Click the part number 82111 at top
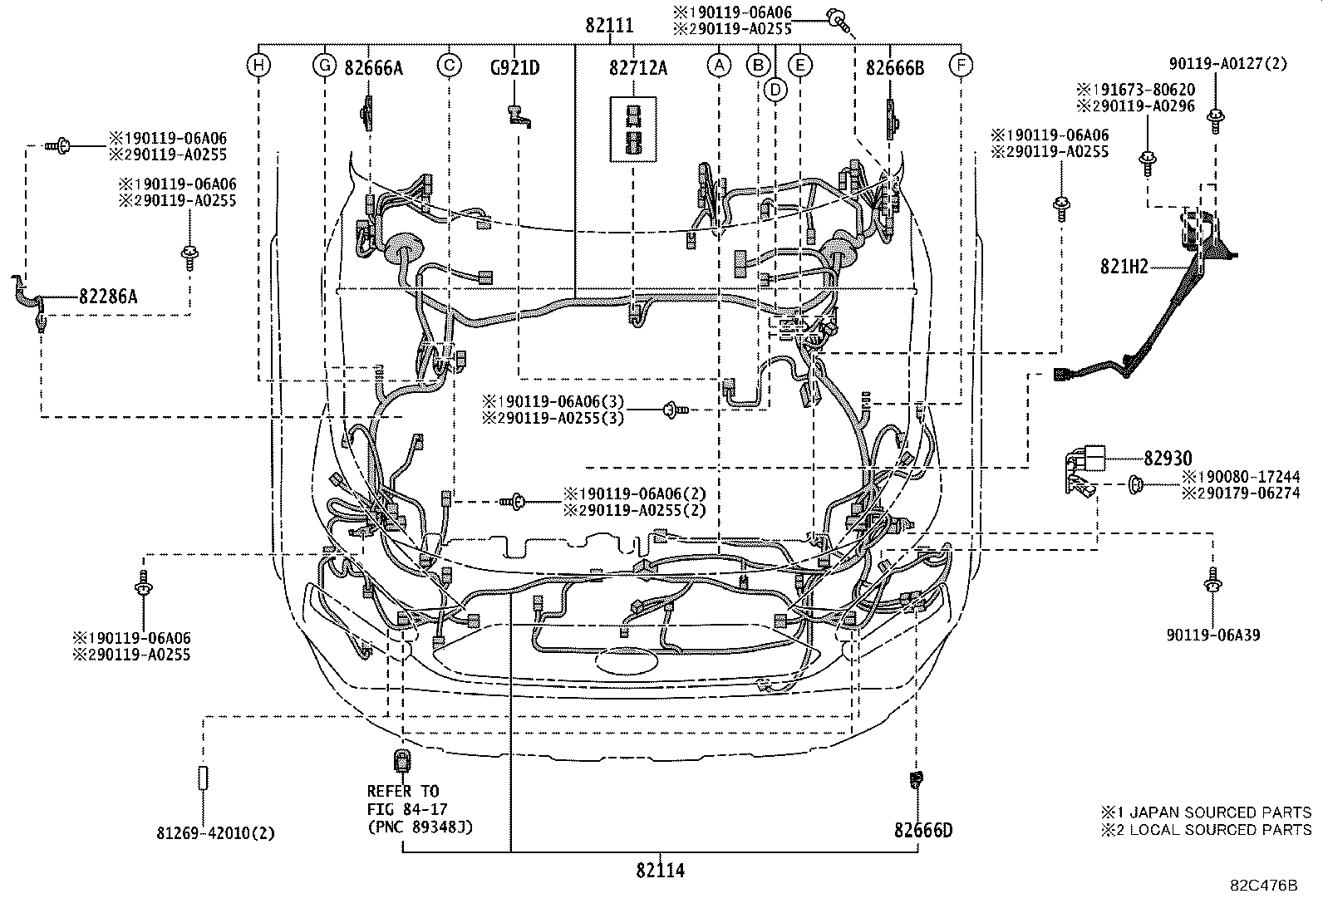(x=608, y=26)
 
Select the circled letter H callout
(x=259, y=65)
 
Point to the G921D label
(x=514, y=68)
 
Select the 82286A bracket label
(x=108, y=295)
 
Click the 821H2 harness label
(x=1124, y=267)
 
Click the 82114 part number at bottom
(x=661, y=871)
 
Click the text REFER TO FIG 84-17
(x=404, y=800)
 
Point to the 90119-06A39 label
(x=1213, y=636)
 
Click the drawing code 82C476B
(x=1264, y=885)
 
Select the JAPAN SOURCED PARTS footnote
(x=1207, y=812)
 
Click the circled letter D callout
(x=775, y=89)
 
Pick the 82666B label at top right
(x=894, y=68)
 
